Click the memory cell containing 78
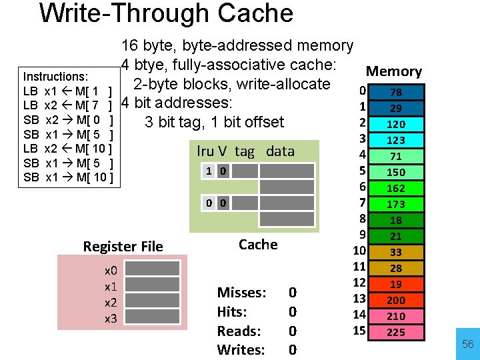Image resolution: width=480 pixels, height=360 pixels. point(395,92)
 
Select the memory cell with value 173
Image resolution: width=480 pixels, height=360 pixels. point(395,204)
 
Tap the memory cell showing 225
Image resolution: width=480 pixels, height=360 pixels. point(395,332)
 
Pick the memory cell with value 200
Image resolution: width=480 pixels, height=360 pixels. point(395,300)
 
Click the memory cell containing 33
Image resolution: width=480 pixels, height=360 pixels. point(395,252)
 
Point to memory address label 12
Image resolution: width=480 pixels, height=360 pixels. point(360,283)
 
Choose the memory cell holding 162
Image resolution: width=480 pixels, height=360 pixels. point(395,188)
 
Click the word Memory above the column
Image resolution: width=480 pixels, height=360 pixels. point(394,71)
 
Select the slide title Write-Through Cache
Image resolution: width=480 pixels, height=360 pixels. point(166,13)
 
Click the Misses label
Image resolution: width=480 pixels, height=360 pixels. point(241,293)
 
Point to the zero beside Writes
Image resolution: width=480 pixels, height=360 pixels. point(292,350)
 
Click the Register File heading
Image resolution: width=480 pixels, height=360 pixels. point(123,247)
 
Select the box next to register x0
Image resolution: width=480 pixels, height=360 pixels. point(153,269)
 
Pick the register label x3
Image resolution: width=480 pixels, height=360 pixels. point(111,319)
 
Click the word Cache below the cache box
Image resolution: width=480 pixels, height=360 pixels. point(258,245)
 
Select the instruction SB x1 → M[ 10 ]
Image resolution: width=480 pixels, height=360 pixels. point(69,177)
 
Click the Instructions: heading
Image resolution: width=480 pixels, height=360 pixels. point(55,77)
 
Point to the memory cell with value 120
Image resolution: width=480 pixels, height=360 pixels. point(395,124)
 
